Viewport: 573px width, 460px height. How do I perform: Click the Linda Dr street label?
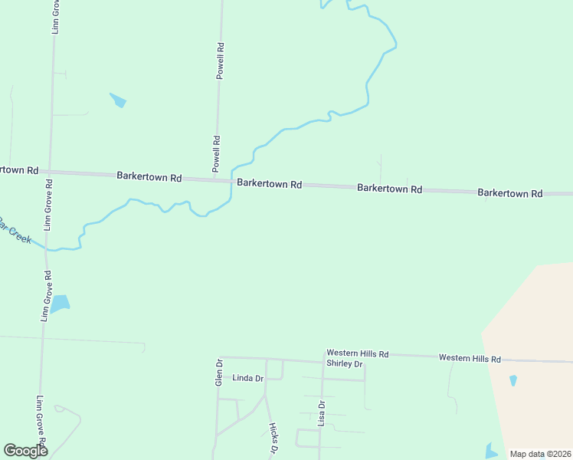coord(247,378)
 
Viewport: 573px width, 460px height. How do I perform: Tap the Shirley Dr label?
coord(343,363)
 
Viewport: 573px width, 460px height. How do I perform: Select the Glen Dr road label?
coord(219,371)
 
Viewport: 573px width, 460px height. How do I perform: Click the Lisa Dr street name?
coord(322,413)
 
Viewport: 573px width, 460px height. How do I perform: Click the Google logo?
coord(25,451)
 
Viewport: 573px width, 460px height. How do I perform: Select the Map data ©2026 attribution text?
coord(540,454)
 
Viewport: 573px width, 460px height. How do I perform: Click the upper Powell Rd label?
coord(220,61)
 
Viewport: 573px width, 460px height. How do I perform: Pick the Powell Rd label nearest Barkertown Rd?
coord(217,153)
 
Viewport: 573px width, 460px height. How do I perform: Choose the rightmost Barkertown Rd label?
coord(509,193)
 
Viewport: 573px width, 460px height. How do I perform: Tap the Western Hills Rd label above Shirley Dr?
coord(357,353)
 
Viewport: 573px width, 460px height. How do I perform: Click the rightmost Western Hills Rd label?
coord(469,358)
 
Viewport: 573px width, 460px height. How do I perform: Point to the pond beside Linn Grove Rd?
coord(58,304)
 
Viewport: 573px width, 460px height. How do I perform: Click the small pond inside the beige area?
coord(512,379)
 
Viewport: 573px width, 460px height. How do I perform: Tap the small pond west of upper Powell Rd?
coord(118,100)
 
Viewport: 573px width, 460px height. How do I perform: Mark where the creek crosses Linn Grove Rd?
coord(47,249)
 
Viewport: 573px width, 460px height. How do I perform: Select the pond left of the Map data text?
coord(491,451)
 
